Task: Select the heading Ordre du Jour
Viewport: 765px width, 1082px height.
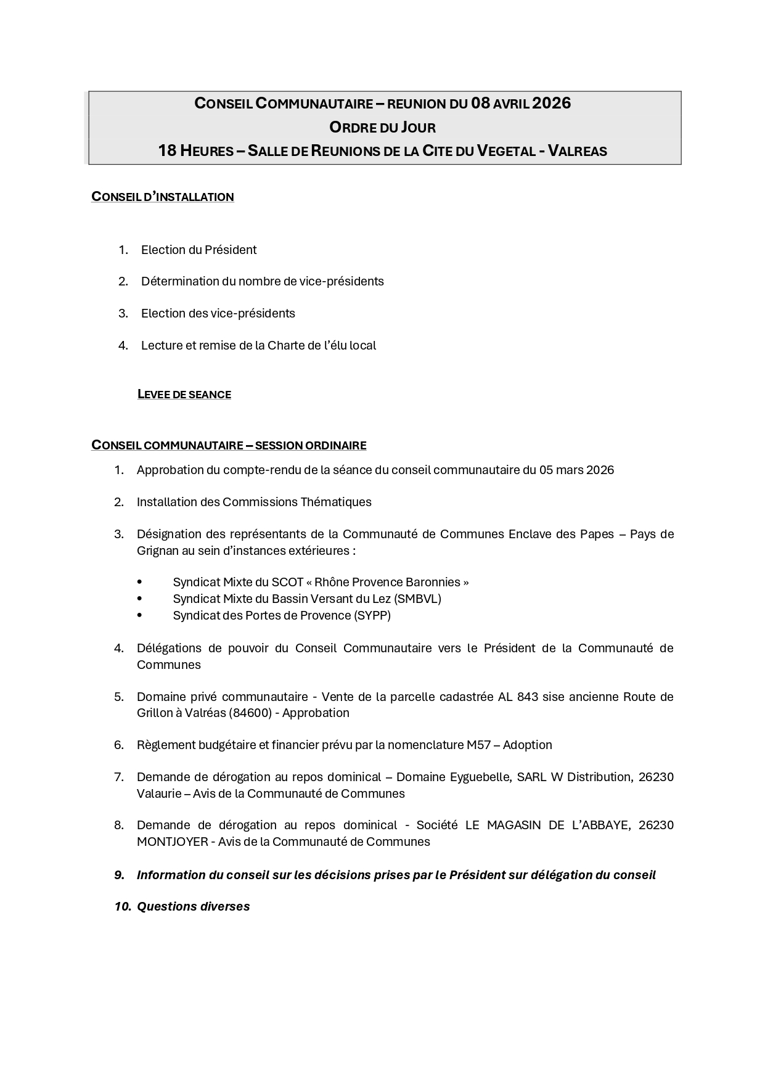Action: [x=382, y=128]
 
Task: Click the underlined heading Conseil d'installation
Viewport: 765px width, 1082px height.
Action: [x=163, y=197]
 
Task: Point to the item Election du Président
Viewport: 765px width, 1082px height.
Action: [x=198, y=250]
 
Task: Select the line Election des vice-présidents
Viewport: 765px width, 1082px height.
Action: [x=218, y=313]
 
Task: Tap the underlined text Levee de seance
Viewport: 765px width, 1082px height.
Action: [x=184, y=395]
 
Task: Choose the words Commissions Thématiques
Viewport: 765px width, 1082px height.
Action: [x=297, y=502]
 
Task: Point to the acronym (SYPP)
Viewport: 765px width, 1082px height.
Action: [x=372, y=615]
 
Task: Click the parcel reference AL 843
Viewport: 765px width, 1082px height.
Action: [x=518, y=697]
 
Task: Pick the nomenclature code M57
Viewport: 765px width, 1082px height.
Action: [x=478, y=745]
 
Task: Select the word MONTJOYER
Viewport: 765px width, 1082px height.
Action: [x=172, y=842]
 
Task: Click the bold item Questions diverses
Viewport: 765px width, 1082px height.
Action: [x=193, y=906]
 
